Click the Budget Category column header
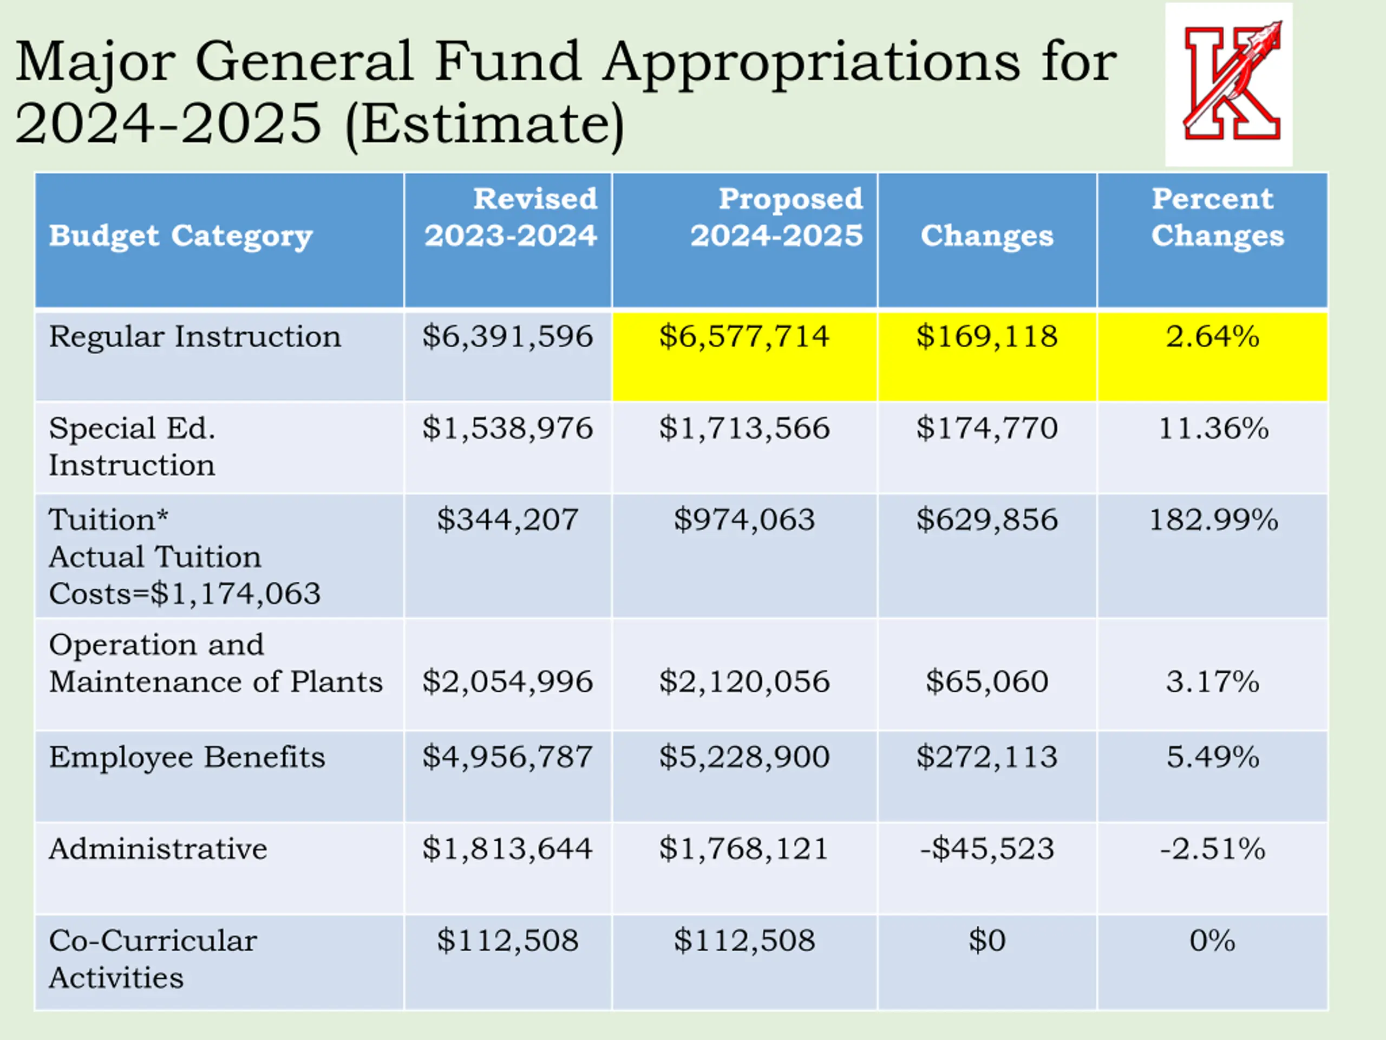coord(180,236)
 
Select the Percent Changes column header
coord(1217,218)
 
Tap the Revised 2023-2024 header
coord(510,218)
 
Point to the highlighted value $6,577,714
coord(744,336)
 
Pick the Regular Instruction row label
coord(195,336)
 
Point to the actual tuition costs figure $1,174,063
coord(236,594)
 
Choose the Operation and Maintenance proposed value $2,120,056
coord(744,682)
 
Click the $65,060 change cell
coord(987,682)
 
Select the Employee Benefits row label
coord(187,757)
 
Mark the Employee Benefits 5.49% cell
coord(1212,757)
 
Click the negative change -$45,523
coord(987,849)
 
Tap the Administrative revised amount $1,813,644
coord(507,849)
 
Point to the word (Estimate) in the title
coord(485,124)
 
